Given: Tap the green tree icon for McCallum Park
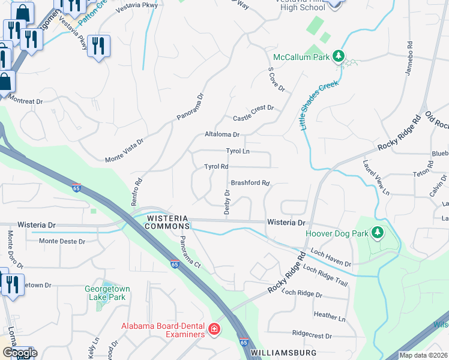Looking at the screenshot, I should [x=339, y=56].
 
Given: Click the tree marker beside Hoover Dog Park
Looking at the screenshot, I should [x=377, y=232].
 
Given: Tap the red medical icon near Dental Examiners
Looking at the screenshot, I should [x=214, y=329].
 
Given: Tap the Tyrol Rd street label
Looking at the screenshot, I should [x=216, y=166].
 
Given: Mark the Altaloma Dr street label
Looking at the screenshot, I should [x=222, y=135].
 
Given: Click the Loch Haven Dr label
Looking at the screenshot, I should [x=327, y=257].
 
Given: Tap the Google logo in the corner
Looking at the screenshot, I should [x=19, y=353].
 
